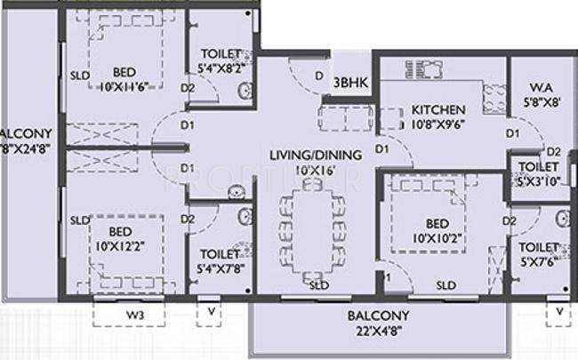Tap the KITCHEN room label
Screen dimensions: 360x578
[x=438, y=109]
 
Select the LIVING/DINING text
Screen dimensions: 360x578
[x=316, y=155]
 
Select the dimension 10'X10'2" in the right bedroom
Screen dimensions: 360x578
[x=436, y=237]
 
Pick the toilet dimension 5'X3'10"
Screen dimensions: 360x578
[x=539, y=180]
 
